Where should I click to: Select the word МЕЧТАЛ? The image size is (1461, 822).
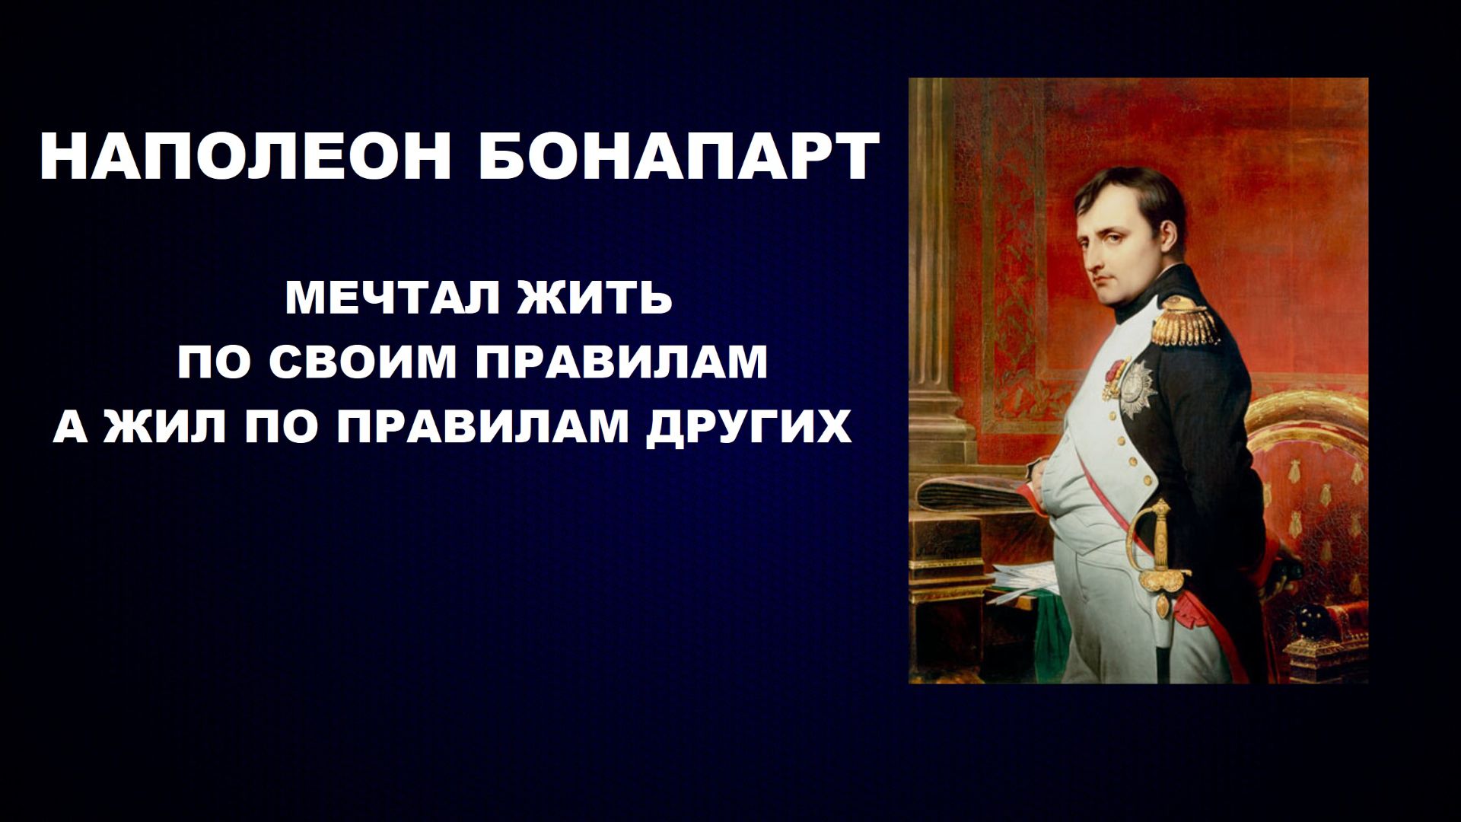[x=391, y=298]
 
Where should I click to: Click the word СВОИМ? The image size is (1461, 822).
[x=362, y=363]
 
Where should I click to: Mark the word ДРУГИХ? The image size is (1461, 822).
[x=748, y=428]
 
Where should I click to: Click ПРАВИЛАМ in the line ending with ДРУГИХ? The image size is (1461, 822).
[x=483, y=428]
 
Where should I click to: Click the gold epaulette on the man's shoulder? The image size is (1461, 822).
[x=1185, y=322]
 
